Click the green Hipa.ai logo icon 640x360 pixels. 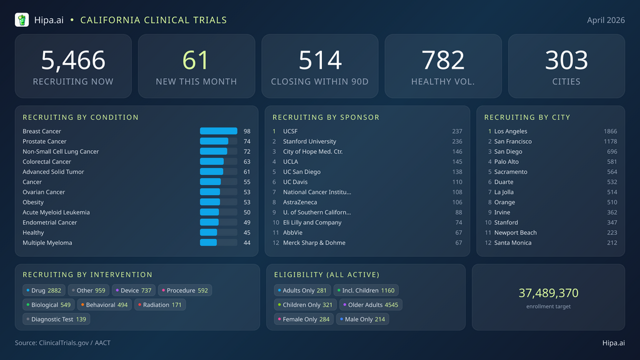[22, 20]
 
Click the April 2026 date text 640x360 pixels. [606, 20]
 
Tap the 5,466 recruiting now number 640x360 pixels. [73, 61]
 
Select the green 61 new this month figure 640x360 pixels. [196, 61]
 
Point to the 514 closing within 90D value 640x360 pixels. [320, 61]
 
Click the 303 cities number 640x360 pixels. [566, 61]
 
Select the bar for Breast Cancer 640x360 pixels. [218, 131]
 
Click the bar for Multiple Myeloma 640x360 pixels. [209, 242]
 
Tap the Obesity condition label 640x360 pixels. [33, 202]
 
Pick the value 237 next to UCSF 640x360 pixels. [457, 131]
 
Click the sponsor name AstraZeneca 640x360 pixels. [299, 202]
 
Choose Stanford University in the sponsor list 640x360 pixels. [309, 141]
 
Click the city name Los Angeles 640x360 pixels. [511, 131]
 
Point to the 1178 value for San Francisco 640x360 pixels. [610, 141]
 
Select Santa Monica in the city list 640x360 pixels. [512, 242]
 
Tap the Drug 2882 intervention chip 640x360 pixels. [44, 291]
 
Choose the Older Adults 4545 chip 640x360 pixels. [371, 305]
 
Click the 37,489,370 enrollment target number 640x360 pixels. [548, 293]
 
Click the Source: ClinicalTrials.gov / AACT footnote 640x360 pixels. [62, 342]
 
